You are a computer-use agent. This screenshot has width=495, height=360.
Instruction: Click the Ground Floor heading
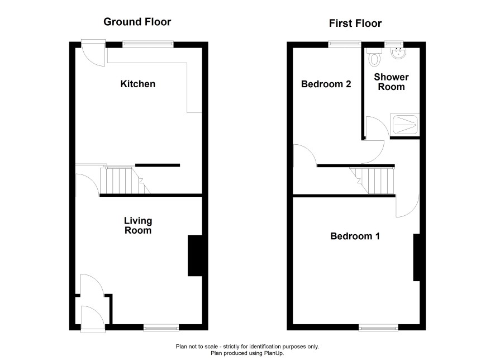click(137, 22)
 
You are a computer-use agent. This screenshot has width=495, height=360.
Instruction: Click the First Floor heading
click(355, 23)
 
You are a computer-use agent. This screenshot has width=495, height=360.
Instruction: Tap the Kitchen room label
click(138, 84)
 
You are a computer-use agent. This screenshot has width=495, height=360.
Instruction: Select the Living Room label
click(138, 225)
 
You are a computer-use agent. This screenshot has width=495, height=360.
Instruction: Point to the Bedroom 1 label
click(355, 236)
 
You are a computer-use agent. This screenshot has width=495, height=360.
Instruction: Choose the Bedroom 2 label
click(326, 84)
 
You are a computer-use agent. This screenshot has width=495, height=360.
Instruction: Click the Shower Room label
click(391, 82)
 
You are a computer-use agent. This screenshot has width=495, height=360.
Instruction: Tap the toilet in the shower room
click(374, 57)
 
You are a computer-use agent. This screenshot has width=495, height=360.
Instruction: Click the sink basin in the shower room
click(399, 53)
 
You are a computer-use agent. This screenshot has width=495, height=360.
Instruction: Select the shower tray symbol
click(405, 125)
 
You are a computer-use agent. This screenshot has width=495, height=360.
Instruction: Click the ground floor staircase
click(125, 181)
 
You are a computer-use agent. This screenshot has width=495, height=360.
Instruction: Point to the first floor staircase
click(372, 181)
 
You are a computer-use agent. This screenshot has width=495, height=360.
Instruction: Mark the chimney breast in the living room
click(195, 255)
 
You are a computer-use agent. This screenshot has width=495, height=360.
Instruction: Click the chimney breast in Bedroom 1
click(417, 257)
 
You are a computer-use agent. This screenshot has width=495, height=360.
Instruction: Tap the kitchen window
click(148, 44)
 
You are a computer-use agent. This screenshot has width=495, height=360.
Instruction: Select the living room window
click(161, 328)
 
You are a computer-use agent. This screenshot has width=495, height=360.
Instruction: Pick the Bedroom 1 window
click(378, 328)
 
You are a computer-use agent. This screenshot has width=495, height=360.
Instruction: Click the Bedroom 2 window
click(344, 44)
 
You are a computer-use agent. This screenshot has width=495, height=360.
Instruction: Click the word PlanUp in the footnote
click(273, 353)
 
